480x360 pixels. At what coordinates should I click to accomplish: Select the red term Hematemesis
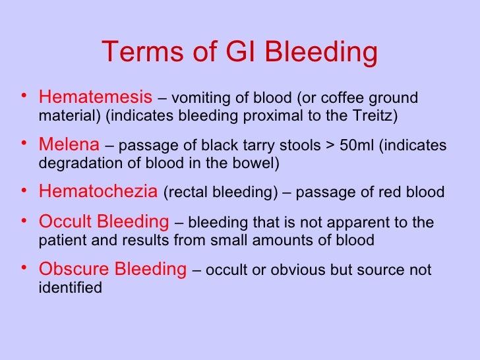click(x=96, y=98)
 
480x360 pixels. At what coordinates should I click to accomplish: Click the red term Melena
click(x=69, y=144)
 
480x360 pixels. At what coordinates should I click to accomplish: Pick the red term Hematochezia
click(x=98, y=192)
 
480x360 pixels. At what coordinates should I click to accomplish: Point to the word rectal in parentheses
click(x=183, y=193)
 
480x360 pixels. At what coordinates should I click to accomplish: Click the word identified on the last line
click(x=70, y=287)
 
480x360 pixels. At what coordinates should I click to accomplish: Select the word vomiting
click(x=199, y=99)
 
